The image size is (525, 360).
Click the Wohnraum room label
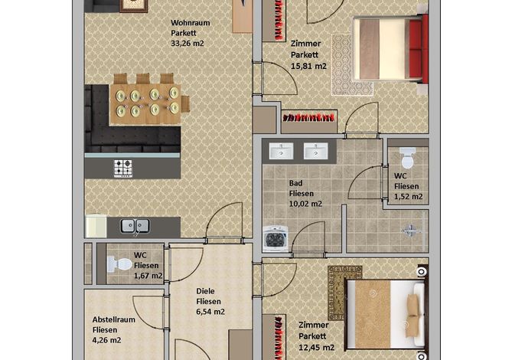(190, 23)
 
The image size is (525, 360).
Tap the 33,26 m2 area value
(187, 43)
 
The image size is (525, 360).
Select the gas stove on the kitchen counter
(123, 169)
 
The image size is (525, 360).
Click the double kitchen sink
(135, 226)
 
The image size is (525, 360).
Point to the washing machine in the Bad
(276, 239)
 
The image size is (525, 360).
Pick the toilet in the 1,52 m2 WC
(407, 158)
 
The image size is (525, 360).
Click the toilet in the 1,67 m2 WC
(119, 264)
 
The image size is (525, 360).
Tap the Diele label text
(205, 291)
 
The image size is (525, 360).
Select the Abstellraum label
(114, 319)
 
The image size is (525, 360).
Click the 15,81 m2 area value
(308, 66)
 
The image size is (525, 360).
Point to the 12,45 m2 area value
(316, 348)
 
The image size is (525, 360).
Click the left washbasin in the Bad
(282, 151)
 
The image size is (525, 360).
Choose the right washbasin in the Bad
(316, 151)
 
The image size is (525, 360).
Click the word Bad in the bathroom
(295, 183)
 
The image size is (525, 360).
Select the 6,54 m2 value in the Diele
(210, 312)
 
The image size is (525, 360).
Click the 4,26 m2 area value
(107, 340)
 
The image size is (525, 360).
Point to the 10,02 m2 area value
(305, 204)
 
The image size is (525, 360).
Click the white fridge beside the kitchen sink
(96, 226)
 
